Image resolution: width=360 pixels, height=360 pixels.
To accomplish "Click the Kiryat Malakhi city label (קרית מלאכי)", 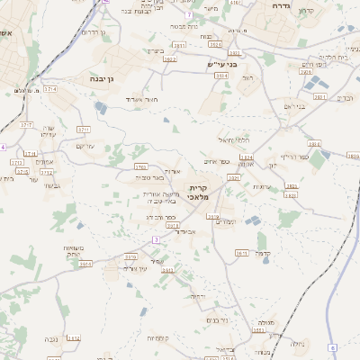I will point(199,191).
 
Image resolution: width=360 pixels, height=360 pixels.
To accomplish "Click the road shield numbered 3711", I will point(84,130).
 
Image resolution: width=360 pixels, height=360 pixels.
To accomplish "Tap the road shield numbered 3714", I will point(50,90).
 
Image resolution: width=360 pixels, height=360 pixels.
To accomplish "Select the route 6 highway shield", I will point(331,347).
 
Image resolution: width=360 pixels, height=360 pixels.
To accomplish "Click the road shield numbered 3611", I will point(179,44).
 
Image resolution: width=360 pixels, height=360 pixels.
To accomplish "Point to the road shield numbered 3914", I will point(85,265).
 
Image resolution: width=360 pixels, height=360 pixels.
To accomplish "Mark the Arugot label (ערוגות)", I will point(263,186).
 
